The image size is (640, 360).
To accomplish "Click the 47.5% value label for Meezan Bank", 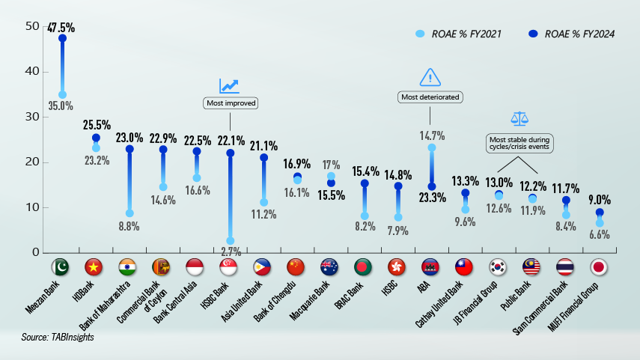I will click(61, 28).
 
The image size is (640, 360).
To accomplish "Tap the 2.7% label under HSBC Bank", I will click(230, 252).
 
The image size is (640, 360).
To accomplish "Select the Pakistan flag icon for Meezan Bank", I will click(61, 267).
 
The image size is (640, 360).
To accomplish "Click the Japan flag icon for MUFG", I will click(599, 267).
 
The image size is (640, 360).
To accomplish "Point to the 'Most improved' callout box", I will click(230, 103).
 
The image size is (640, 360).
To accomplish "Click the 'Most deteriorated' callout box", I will click(430, 97).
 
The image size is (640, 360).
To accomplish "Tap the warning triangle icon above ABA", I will click(430, 77).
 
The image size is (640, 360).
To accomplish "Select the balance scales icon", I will click(519, 118).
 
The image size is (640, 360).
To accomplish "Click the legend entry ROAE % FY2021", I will click(459, 34).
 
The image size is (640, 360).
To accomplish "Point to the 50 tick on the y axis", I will click(31, 26).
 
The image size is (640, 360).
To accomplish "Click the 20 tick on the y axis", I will click(31, 162).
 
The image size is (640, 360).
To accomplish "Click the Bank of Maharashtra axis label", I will click(106, 305).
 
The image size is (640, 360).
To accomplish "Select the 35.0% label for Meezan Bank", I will click(61, 106).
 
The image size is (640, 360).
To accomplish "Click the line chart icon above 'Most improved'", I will click(229, 86).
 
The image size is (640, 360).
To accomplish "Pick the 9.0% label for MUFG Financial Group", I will click(599, 200).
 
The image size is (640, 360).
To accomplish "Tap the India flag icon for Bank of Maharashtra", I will click(129, 267).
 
